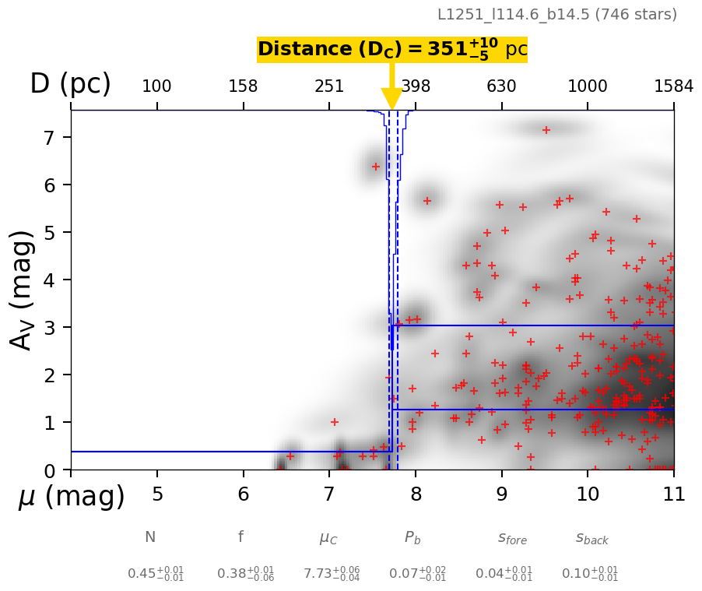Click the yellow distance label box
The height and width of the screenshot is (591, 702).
[392, 49]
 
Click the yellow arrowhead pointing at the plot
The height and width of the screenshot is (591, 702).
[392, 99]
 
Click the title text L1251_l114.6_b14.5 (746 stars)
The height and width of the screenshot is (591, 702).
[556, 14]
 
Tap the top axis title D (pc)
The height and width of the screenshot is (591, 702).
[70, 84]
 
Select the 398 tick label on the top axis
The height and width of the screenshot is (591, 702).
[416, 86]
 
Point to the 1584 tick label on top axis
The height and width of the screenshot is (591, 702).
[673, 86]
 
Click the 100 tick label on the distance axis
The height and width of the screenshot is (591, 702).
[156, 86]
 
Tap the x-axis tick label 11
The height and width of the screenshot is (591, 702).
[673, 494]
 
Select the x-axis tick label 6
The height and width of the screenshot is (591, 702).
[244, 494]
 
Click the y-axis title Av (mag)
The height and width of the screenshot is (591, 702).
[23, 290]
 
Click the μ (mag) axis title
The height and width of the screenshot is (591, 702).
[71, 497]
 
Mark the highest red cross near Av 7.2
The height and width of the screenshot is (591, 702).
[546, 130]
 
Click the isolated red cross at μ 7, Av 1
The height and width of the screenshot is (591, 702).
[335, 422]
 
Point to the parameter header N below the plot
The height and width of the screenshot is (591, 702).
[150, 537]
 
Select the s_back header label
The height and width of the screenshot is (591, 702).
[591, 538]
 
